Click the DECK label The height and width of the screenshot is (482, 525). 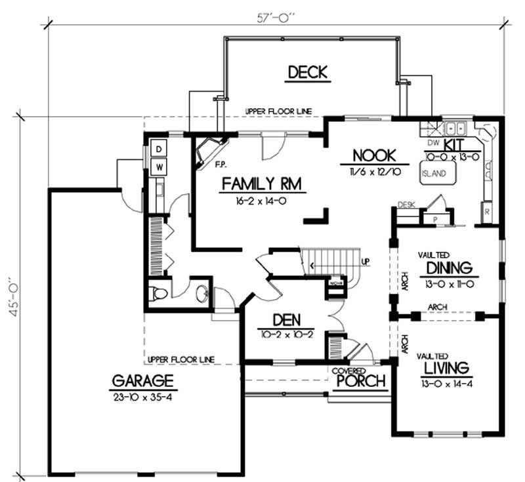[307, 72]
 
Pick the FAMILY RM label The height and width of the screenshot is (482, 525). [261, 184]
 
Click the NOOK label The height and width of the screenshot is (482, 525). [374, 156]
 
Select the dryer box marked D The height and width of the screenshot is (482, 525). [159, 150]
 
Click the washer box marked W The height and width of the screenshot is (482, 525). [159, 167]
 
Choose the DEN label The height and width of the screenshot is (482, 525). [287, 321]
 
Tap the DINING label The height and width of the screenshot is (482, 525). [449, 268]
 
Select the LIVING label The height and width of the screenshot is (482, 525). [446, 366]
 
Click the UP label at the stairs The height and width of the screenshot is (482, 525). [366, 262]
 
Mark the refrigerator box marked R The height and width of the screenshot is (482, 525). [488, 212]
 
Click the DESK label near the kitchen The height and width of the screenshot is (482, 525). [407, 205]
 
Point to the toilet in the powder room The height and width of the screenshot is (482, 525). [158, 295]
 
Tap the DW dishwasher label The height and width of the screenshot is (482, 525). [432, 142]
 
